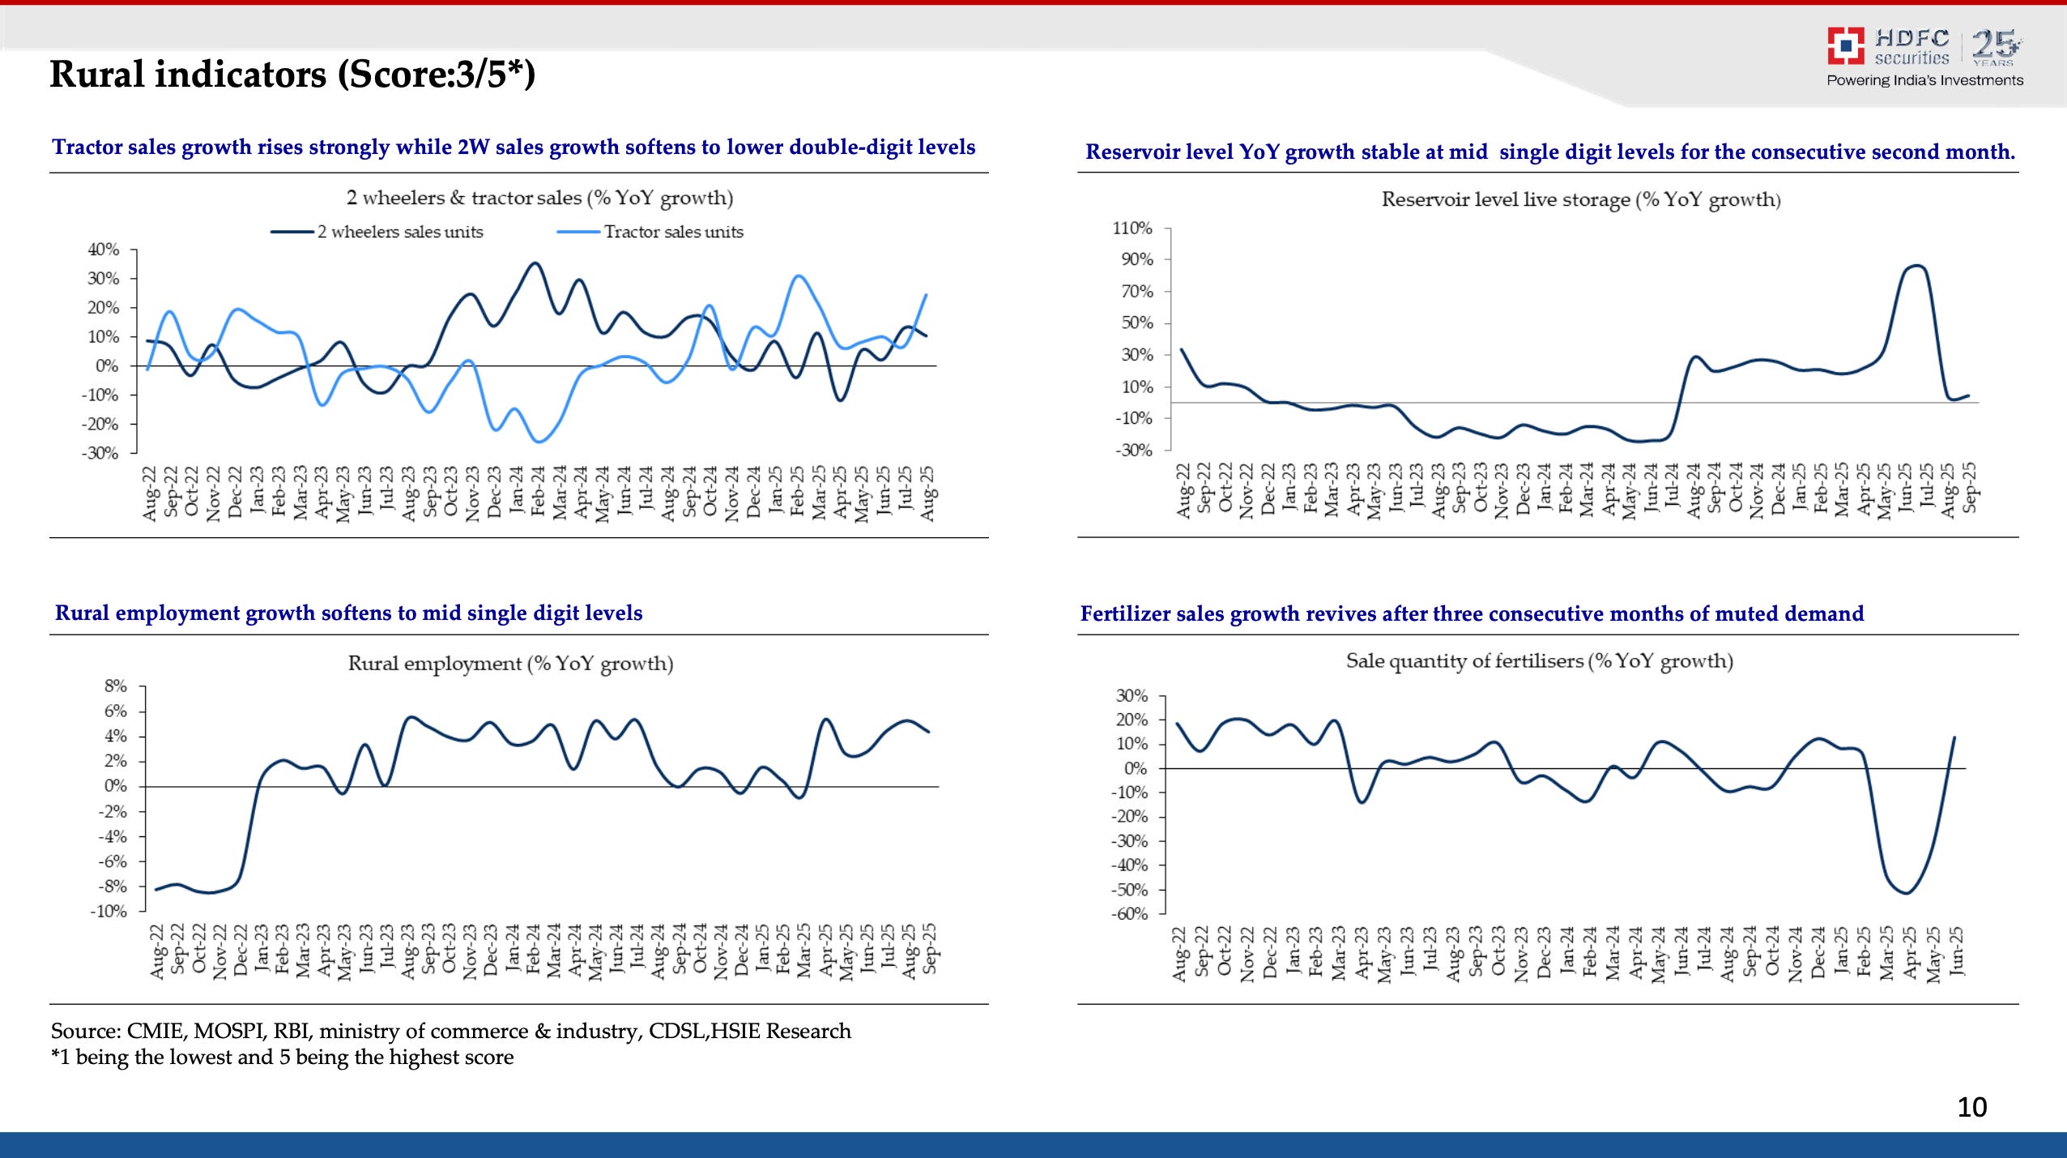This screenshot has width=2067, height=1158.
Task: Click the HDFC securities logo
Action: (x=1887, y=47)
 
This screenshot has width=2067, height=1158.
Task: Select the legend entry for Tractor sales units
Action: (x=672, y=232)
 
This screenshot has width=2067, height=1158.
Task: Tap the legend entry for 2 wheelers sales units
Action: (x=399, y=232)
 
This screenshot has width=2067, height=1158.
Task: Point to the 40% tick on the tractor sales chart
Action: (x=104, y=250)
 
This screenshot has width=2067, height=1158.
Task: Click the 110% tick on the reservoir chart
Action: (x=1132, y=229)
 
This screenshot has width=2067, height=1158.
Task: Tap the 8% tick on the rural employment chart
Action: (x=116, y=686)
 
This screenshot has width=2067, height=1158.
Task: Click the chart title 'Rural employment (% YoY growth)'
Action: (x=510, y=664)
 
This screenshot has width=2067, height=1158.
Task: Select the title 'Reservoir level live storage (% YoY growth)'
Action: (x=1580, y=199)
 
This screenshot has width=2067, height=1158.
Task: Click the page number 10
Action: (x=1971, y=1107)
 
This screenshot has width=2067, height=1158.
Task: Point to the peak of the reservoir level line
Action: (x=1916, y=266)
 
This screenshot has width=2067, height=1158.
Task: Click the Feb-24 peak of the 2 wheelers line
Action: (x=535, y=263)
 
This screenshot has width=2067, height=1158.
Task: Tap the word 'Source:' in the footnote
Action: (x=85, y=1031)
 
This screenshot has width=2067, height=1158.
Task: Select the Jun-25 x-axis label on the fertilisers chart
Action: (x=1956, y=953)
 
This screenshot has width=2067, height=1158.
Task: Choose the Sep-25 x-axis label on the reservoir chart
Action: (x=1970, y=488)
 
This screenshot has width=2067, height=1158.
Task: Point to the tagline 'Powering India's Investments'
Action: (x=1924, y=80)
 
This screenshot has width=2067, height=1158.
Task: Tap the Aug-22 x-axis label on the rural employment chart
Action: (x=156, y=951)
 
